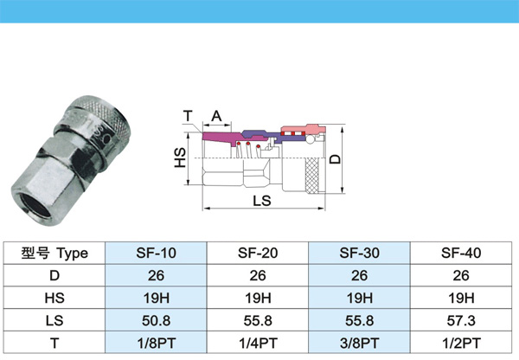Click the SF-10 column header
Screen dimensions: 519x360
click(x=156, y=253)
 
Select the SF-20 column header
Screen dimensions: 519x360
click(x=258, y=253)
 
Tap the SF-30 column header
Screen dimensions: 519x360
click(x=359, y=253)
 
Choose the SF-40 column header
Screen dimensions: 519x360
click(x=461, y=253)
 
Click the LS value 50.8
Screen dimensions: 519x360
click(x=156, y=320)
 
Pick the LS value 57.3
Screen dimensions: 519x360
click(x=461, y=320)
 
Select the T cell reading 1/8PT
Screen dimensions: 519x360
click(x=156, y=343)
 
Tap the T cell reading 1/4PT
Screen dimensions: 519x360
click(x=258, y=343)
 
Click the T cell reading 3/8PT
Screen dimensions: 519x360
click(x=359, y=343)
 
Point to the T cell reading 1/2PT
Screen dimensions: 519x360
click(x=461, y=343)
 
